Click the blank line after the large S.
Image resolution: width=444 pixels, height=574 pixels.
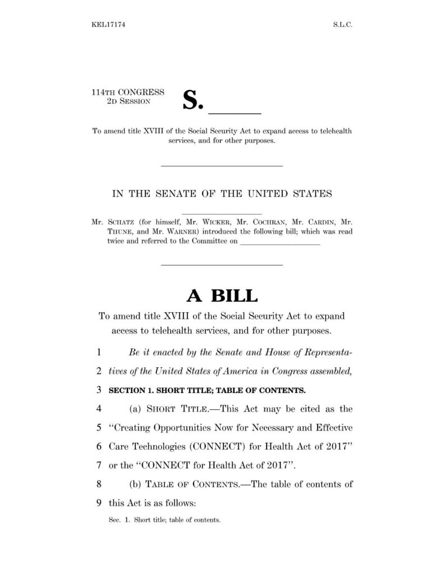(238, 110)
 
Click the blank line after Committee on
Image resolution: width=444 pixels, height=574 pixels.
(280, 244)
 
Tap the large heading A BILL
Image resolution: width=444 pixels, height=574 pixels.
(222, 296)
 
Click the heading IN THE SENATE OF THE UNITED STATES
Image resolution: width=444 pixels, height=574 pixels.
(222, 194)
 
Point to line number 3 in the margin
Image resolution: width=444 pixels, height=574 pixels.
(98, 389)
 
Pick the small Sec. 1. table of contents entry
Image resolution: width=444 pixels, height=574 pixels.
(164, 520)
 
